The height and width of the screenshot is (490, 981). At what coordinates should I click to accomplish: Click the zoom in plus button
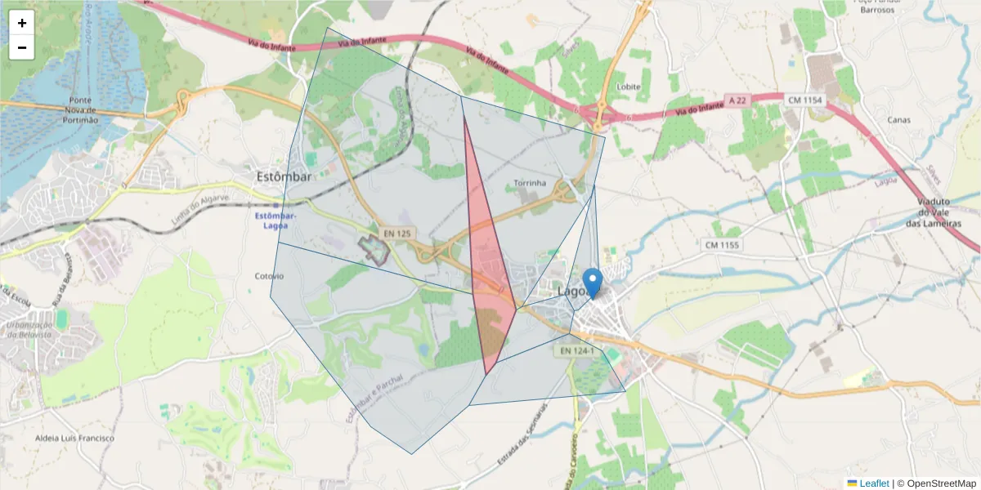(22, 23)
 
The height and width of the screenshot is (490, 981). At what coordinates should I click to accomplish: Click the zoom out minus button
(22, 47)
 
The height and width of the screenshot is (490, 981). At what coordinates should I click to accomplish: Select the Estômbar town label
(284, 176)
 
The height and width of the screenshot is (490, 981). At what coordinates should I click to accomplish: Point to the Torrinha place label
(530, 183)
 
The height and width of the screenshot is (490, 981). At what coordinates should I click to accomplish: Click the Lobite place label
(629, 87)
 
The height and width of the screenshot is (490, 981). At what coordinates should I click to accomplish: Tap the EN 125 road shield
(398, 234)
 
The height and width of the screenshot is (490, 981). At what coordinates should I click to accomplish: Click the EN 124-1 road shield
(577, 350)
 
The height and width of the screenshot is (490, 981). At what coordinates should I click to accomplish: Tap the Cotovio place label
(269, 276)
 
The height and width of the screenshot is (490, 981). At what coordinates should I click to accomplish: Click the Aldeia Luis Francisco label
(74, 438)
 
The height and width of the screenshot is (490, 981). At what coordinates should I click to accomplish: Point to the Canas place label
(899, 120)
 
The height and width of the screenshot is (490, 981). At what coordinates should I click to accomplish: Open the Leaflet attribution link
(874, 483)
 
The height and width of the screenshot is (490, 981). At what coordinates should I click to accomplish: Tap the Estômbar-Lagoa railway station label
(275, 220)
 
